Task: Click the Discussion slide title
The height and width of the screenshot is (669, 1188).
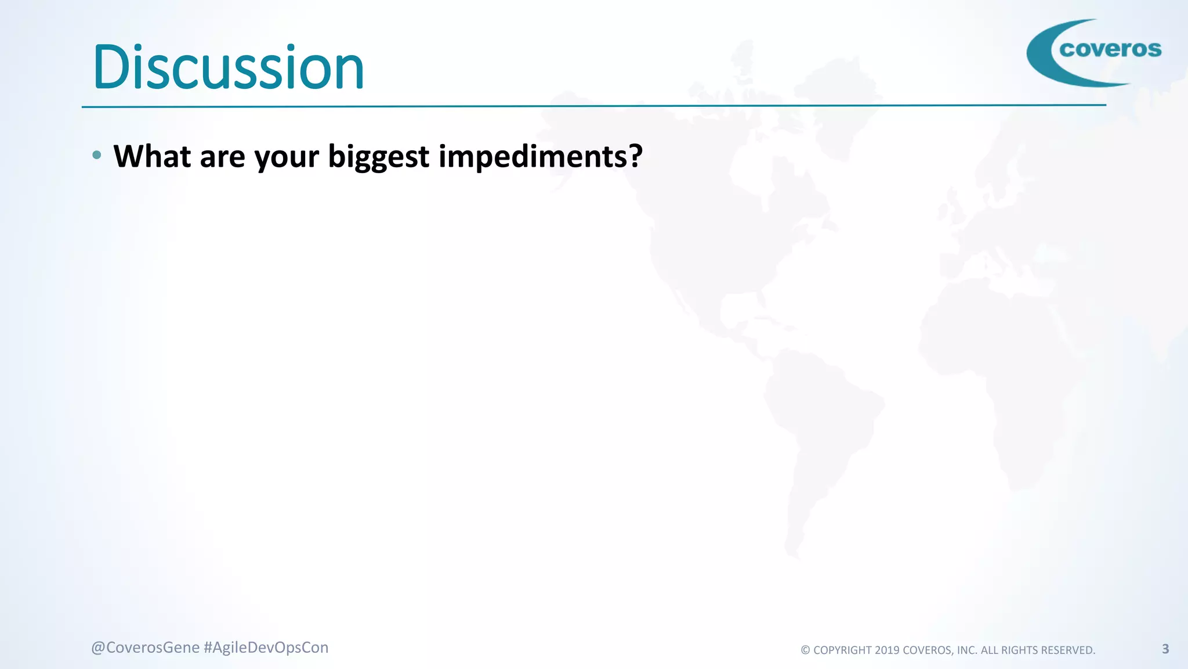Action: [228, 68]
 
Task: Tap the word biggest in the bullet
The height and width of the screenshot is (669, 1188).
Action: [378, 157]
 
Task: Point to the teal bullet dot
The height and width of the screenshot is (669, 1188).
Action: [97, 155]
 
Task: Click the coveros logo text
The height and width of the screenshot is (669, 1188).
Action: [1110, 49]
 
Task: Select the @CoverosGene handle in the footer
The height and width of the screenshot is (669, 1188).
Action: [145, 648]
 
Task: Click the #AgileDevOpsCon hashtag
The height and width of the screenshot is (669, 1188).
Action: [266, 648]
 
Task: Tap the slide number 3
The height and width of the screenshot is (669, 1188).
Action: [1165, 649]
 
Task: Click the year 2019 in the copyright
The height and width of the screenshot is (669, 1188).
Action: [887, 650]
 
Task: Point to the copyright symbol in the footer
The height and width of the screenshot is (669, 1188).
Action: [805, 650]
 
